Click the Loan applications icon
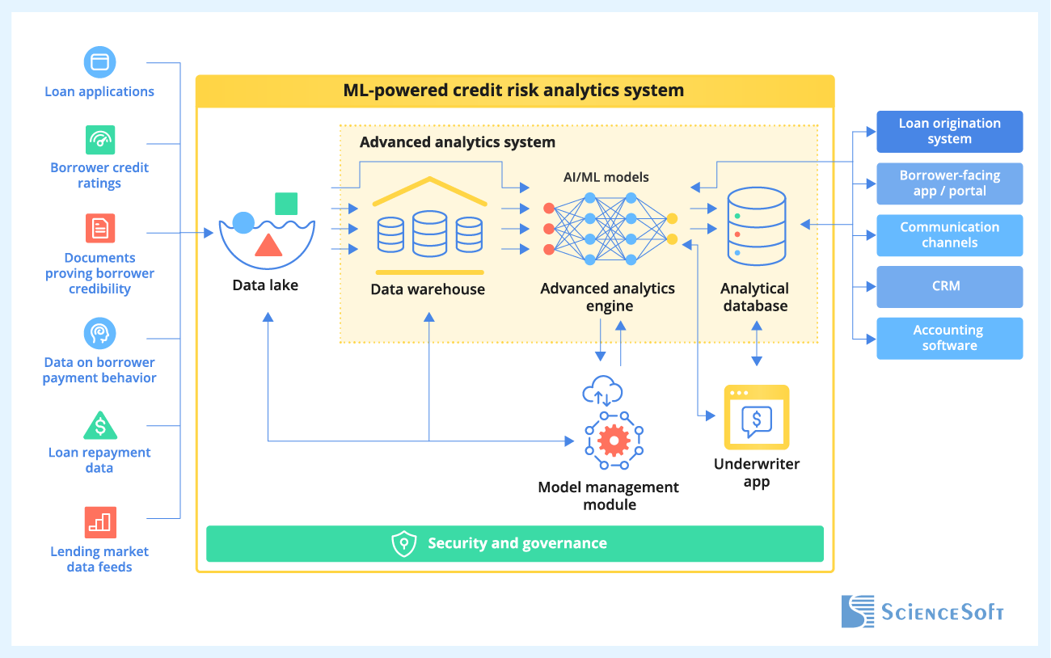[99, 62]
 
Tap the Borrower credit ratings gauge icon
[100, 139]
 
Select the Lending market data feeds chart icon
[100, 522]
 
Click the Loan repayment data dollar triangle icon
[100, 425]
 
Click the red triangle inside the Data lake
[268, 244]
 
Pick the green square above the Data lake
[286, 204]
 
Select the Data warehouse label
[428, 289]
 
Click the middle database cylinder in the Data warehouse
[428, 233]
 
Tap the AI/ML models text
[606, 177]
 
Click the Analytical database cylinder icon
[756, 227]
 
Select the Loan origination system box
[949, 132]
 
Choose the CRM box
[949, 286]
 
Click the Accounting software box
[949, 338]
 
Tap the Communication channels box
[949, 235]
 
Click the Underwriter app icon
[756, 417]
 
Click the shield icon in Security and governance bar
[403, 544]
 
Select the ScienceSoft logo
[922, 611]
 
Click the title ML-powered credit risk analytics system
[514, 91]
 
